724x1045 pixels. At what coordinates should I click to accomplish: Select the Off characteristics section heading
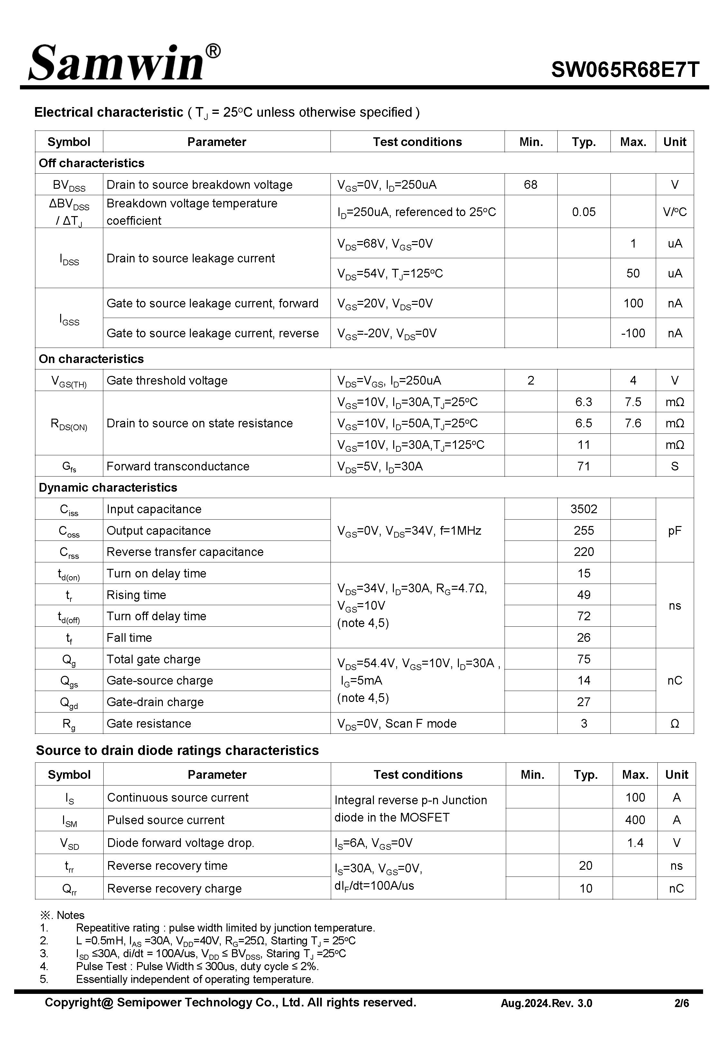[x=92, y=163]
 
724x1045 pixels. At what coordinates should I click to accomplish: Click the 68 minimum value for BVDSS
[x=530, y=185]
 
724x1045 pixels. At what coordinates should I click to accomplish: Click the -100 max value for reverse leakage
[x=633, y=333]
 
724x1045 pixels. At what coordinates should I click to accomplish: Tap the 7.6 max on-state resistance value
[x=633, y=423]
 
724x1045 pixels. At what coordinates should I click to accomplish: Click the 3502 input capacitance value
[x=583, y=509]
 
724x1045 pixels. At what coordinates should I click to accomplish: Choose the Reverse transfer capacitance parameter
[x=185, y=552]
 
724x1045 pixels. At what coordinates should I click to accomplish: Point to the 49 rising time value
[x=583, y=595]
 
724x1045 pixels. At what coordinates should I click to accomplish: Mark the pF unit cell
[x=674, y=531]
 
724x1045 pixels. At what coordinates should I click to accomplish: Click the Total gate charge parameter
[x=153, y=659]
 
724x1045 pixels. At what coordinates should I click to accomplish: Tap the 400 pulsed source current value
[x=635, y=820]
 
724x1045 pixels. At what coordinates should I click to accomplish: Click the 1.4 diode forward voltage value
[x=635, y=843]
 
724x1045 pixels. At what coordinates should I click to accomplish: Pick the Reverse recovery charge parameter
[x=174, y=889]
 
